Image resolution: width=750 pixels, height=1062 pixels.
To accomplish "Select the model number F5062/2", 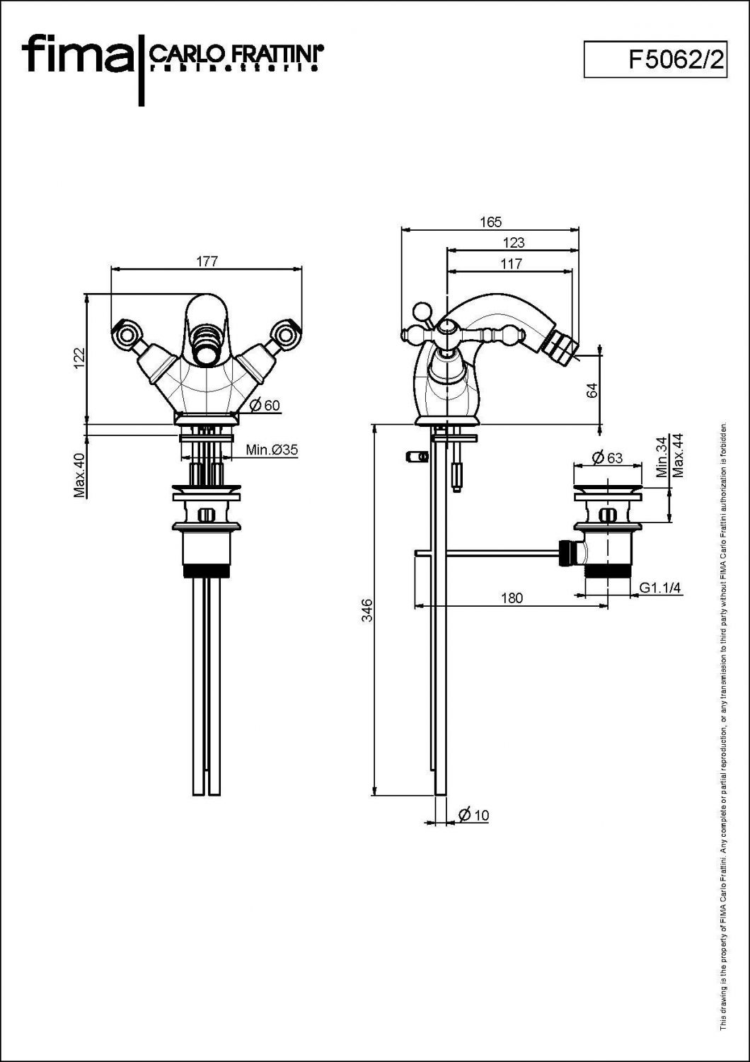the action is [676, 59].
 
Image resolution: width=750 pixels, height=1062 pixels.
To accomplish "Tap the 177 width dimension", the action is [207, 261].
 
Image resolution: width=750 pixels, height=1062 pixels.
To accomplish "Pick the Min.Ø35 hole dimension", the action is [272, 449].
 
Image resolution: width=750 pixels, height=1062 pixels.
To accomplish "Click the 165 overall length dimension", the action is [490, 222].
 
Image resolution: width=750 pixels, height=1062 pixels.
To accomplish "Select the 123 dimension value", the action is [514, 242].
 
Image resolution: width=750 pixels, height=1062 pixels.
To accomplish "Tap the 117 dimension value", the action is [512, 263].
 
